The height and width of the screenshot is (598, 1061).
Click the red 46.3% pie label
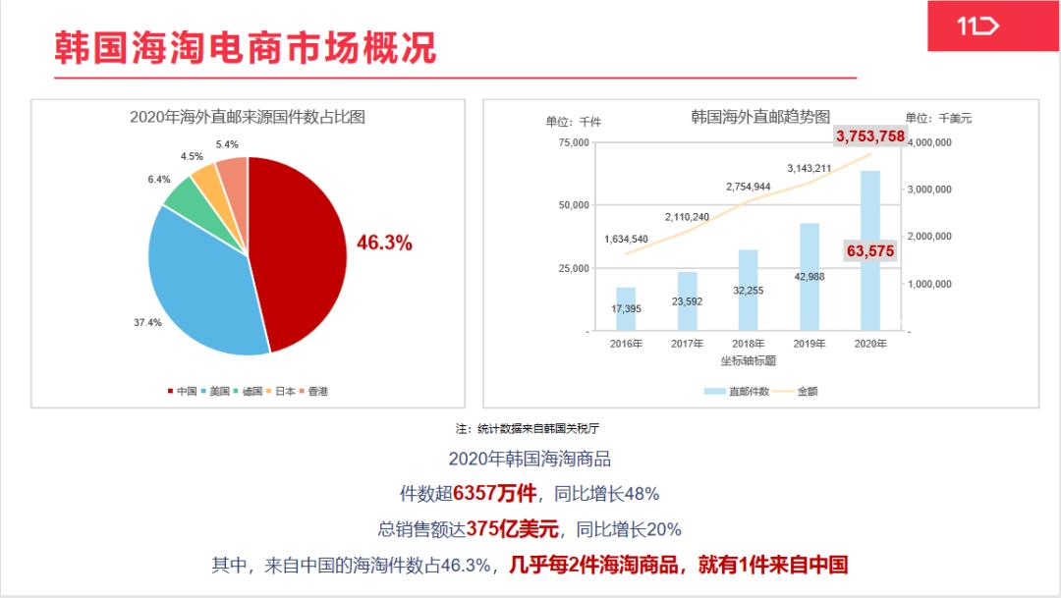coord(384,243)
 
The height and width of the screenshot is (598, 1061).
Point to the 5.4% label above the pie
coord(227,144)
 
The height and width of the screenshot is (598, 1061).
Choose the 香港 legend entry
coord(313,391)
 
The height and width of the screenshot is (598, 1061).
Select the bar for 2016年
coord(626,308)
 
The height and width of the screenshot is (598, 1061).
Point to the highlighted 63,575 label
coord(869,251)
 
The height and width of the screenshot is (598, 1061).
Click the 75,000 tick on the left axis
coord(573,142)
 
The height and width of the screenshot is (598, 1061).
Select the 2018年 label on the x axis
coord(748,344)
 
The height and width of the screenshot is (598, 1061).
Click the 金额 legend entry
coord(797,391)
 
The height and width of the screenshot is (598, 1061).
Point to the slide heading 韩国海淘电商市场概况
coord(245,47)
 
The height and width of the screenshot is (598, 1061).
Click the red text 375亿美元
coord(513,529)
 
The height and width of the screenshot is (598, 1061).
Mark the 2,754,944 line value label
coord(748,187)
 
